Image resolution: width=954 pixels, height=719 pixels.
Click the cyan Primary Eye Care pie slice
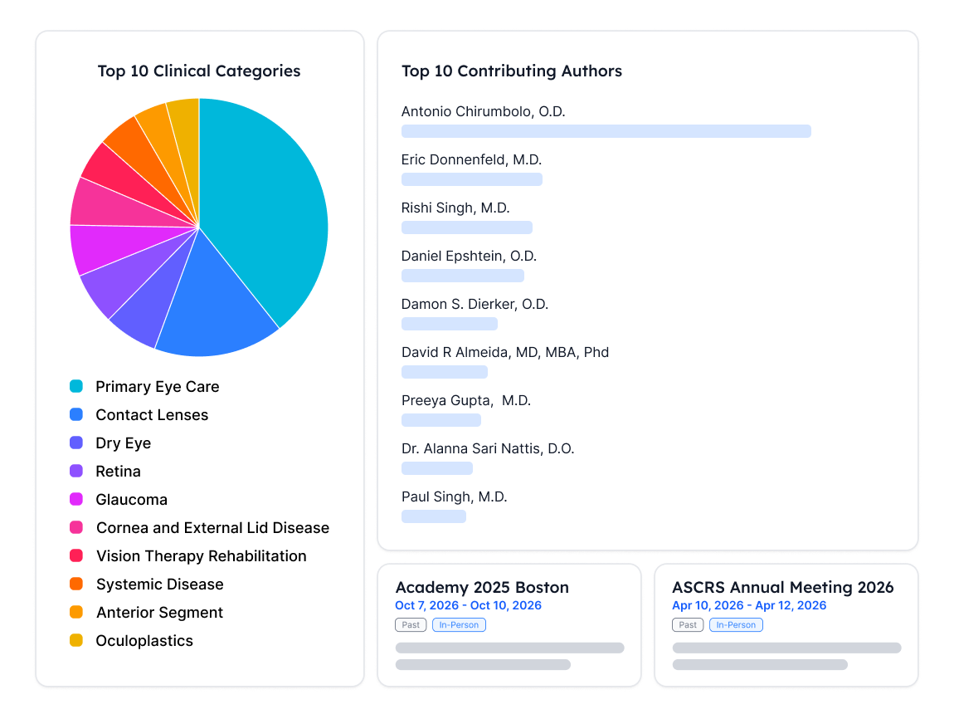point(268,207)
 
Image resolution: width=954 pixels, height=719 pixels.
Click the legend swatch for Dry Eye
point(76,443)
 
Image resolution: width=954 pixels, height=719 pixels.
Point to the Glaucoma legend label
point(131,499)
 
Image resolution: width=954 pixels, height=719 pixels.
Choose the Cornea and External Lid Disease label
point(212,527)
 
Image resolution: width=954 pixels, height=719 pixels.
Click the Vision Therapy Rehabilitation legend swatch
point(76,555)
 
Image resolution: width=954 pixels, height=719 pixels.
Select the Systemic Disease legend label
point(159,584)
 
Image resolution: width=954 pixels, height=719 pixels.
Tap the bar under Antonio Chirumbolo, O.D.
point(606,131)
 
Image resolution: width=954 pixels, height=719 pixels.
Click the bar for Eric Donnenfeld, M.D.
point(471,179)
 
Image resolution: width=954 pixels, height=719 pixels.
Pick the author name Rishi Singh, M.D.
point(455,208)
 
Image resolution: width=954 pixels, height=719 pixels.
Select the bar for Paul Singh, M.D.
point(434,516)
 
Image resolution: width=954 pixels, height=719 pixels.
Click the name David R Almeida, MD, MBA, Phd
point(505,352)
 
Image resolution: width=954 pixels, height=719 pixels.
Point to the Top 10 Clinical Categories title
point(199,71)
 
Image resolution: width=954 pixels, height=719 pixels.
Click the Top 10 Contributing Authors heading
point(512,71)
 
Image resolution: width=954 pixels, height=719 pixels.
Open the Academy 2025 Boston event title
point(482,587)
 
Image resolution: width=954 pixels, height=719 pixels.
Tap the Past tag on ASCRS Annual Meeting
point(688,624)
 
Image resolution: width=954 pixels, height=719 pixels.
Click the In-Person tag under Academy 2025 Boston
point(459,624)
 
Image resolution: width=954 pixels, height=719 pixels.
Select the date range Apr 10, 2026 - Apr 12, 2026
point(749,605)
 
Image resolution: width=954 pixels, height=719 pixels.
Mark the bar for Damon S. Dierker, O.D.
point(450,323)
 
